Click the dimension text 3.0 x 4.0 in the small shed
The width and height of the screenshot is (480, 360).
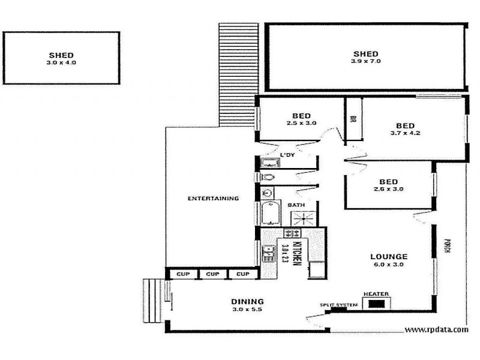62,62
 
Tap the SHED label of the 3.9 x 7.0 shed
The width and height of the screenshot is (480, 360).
365,53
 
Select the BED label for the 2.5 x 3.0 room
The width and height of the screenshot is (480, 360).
301,116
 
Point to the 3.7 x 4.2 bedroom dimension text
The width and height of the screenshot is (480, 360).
405,133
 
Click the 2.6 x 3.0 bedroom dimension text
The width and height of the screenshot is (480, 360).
389,189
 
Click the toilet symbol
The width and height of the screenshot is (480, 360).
268,178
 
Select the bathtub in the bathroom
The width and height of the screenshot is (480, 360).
267,214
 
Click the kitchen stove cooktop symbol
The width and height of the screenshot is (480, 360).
292,233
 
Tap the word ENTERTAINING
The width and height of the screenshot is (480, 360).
213,198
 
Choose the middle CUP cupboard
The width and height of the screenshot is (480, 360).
212,274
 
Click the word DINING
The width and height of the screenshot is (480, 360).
247,301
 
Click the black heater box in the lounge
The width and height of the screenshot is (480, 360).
376,304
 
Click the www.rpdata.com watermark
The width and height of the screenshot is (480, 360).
436,329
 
